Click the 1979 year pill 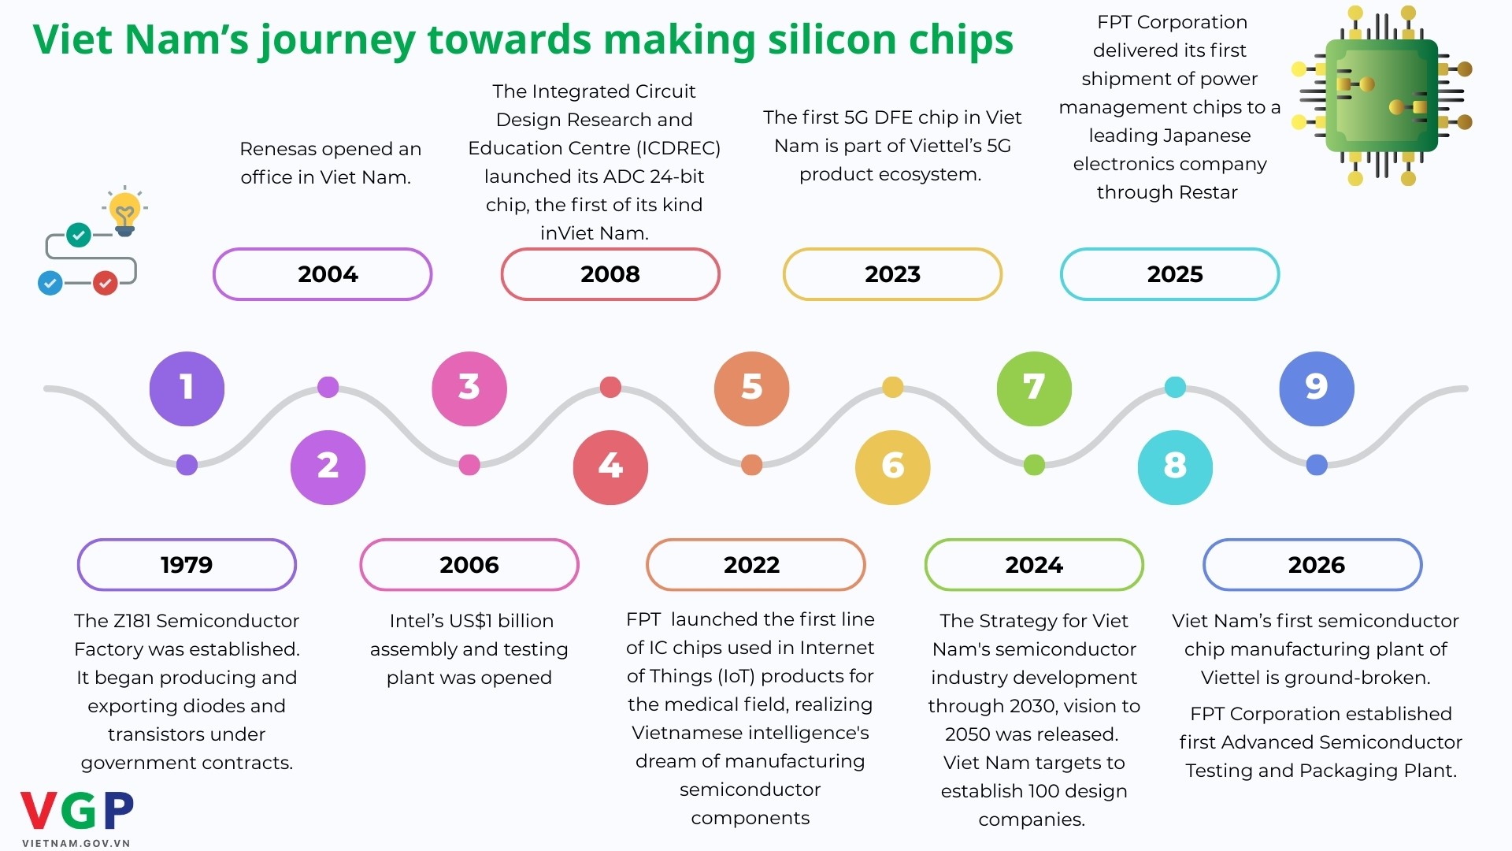click(187, 565)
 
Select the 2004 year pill click(323, 274)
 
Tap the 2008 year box click(610, 274)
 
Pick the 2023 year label click(892, 274)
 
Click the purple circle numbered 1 click(187, 388)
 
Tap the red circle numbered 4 click(610, 466)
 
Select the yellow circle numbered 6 click(892, 466)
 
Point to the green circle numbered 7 click(1034, 388)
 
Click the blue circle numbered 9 click(1317, 388)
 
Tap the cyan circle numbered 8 click(1175, 466)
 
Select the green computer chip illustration click(1382, 96)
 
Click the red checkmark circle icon click(106, 282)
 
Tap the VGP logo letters click(77, 811)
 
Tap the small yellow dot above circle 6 click(892, 387)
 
